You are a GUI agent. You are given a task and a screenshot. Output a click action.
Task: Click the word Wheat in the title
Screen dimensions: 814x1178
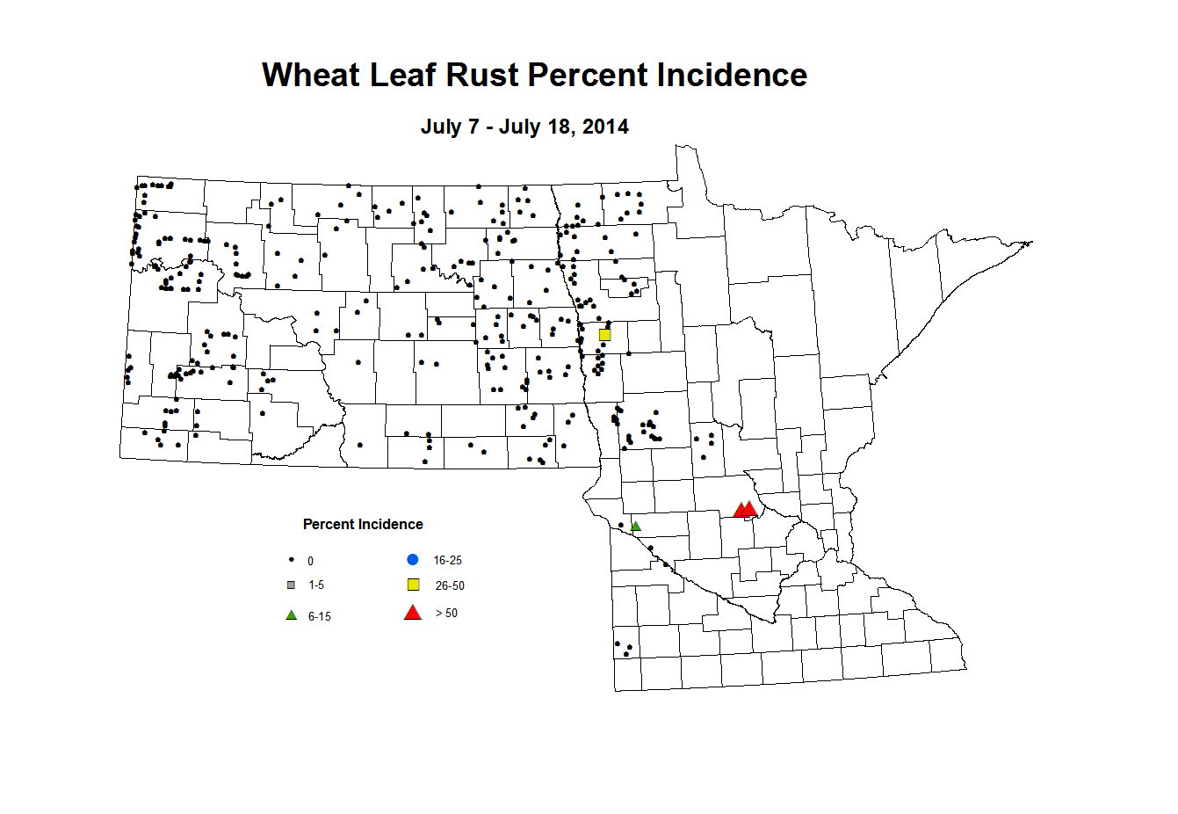click(x=311, y=76)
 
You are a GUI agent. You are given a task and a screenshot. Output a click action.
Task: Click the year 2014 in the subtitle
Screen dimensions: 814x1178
click(x=605, y=127)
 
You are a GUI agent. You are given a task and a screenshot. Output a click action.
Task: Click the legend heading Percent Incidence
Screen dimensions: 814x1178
click(x=363, y=525)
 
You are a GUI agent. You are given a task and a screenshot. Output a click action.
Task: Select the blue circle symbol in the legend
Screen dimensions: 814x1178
click(x=413, y=559)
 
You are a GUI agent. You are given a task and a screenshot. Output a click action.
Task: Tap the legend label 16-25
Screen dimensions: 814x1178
click(x=447, y=561)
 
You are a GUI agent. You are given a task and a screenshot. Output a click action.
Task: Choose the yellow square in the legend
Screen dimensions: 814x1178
click(x=413, y=585)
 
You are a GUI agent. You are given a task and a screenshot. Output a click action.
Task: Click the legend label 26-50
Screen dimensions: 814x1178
click(x=450, y=586)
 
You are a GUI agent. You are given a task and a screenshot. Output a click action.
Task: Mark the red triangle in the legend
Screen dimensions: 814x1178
click(x=413, y=613)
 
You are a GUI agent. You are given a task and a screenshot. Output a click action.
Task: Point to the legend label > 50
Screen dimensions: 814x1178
click(x=446, y=614)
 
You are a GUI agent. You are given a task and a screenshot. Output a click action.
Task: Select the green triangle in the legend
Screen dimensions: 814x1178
click(x=291, y=615)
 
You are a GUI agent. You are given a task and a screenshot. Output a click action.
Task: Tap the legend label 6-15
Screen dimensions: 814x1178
click(x=320, y=617)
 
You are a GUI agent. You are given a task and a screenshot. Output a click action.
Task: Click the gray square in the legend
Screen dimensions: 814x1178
click(x=291, y=585)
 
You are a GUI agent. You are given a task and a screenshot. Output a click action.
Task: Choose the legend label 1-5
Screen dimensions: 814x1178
click(x=316, y=585)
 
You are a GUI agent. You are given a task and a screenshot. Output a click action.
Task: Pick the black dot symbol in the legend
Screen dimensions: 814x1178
click(x=291, y=560)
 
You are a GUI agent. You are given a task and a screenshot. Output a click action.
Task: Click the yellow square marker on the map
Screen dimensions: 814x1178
click(x=604, y=335)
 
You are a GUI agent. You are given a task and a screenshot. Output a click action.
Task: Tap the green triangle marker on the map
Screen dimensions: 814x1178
click(x=636, y=527)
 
